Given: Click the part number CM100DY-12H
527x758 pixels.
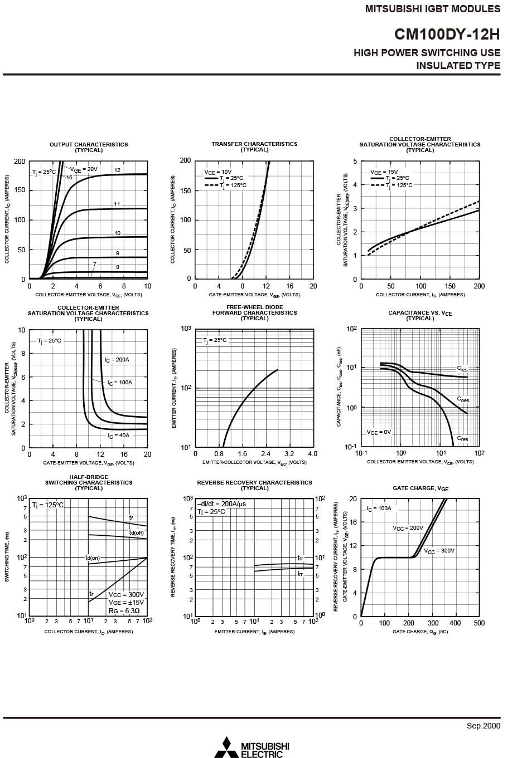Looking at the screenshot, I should coord(447,35).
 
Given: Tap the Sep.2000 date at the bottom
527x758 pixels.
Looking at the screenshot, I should coord(484,725).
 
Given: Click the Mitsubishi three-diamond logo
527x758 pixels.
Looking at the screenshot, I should coord(226,747).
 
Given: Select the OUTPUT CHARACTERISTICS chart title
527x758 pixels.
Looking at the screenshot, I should coord(89,145).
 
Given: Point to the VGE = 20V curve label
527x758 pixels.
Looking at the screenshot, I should coord(84,169).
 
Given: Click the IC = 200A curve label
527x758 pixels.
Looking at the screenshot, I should coord(117,360).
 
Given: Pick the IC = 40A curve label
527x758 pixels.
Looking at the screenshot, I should coord(118,436).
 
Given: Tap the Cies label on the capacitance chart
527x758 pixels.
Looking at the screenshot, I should coord(462,369).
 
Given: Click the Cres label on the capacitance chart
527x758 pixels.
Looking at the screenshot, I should coord(463,439).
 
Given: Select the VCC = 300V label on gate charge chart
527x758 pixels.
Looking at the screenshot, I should coord(439,551).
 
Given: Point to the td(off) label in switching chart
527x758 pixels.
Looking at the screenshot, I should coord(137,532).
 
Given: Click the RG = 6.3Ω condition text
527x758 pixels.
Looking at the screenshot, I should coord(124,610).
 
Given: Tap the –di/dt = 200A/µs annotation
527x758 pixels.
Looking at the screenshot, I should coord(221,503).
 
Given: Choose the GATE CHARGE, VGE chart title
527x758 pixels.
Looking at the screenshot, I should coord(420,488).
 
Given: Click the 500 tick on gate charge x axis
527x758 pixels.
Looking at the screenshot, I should coord(479,623).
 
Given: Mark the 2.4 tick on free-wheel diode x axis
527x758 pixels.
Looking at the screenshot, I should coord(265,454).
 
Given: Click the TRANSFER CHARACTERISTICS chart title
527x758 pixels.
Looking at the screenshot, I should coord(254,144).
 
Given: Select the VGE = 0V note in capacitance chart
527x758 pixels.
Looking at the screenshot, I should coord(379,432).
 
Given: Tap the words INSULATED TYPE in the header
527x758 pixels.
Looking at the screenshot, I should coord(458,66).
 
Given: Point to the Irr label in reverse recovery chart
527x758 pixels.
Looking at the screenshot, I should coord(300,574).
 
